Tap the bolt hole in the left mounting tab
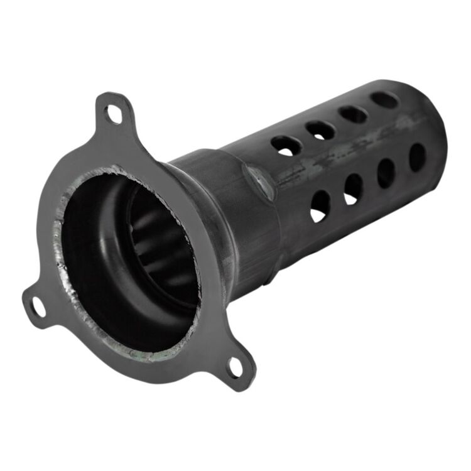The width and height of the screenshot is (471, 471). pyautogui.click(x=38, y=306)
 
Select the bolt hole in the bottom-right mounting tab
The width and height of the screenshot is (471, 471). pyautogui.click(x=235, y=368)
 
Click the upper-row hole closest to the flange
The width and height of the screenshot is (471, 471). pyautogui.click(x=286, y=144)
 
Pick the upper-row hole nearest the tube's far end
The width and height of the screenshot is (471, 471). pyautogui.click(x=384, y=99)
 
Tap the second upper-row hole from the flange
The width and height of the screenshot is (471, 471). pyautogui.click(x=320, y=129)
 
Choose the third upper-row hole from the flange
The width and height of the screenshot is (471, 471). pyautogui.click(x=354, y=114)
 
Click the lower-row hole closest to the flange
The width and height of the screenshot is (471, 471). pyautogui.click(x=320, y=205)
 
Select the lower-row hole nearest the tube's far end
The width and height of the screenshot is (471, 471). pyautogui.click(x=417, y=157)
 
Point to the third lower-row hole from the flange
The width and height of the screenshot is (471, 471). pyautogui.click(x=386, y=173)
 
